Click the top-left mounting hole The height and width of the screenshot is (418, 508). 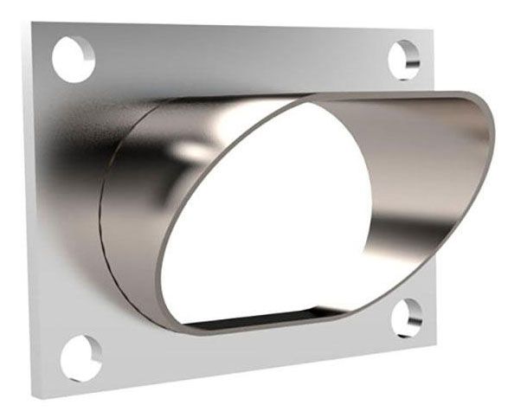click(x=73, y=58)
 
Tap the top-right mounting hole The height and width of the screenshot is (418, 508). click(x=404, y=59)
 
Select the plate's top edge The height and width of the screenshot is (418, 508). click(x=234, y=26)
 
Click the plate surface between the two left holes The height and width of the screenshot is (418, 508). click(x=65, y=208)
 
